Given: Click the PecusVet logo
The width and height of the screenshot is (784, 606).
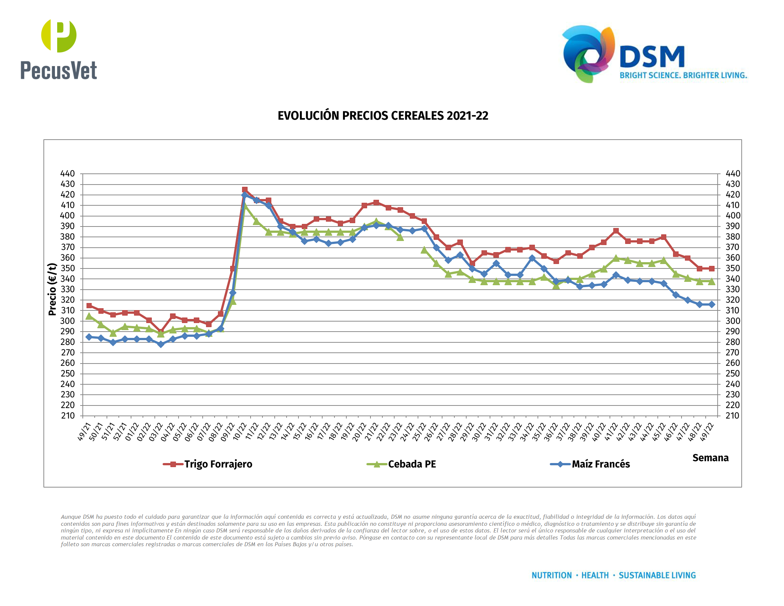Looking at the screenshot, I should click(x=59, y=50).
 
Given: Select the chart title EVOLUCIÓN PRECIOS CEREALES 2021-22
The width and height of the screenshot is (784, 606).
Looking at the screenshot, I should click(x=383, y=116).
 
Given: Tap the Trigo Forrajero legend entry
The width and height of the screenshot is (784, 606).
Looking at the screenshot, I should click(x=218, y=464).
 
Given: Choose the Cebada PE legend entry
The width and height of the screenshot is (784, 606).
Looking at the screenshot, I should click(x=412, y=464).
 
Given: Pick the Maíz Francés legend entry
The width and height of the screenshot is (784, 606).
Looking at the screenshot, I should click(x=600, y=464).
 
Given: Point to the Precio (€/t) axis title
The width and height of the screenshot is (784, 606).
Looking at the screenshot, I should click(x=52, y=289).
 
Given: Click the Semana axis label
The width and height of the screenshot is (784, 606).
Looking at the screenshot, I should click(x=710, y=458).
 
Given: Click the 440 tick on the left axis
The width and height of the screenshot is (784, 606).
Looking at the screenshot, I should click(x=68, y=174).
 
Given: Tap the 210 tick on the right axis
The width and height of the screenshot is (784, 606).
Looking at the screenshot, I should click(x=732, y=416).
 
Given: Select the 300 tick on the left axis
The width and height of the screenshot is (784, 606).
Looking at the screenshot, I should click(x=68, y=321).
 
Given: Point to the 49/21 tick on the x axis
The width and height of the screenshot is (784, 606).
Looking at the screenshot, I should click(x=85, y=431).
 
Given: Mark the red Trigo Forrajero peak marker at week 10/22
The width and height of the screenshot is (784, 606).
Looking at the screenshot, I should click(x=245, y=190).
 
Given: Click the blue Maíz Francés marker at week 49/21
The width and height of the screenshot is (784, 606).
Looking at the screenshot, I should click(x=89, y=337).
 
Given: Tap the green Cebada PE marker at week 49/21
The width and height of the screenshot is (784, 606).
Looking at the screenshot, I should click(x=89, y=316).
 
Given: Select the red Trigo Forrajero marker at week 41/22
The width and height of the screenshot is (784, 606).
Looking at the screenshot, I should click(x=616, y=231).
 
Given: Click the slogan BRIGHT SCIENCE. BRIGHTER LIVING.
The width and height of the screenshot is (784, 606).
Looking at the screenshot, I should click(x=683, y=75).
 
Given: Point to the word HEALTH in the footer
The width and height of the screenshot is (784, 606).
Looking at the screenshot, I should click(x=595, y=575).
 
